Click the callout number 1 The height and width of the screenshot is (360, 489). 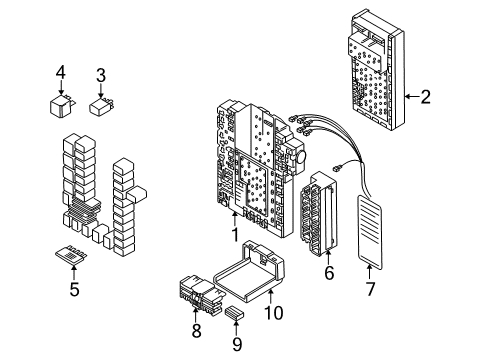(236, 237)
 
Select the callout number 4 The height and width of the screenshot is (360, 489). (61, 72)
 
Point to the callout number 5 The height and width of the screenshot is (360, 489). (74, 291)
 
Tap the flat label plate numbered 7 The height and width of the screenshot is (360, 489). (374, 230)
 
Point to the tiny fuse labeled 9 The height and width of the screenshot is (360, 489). (234, 314)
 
